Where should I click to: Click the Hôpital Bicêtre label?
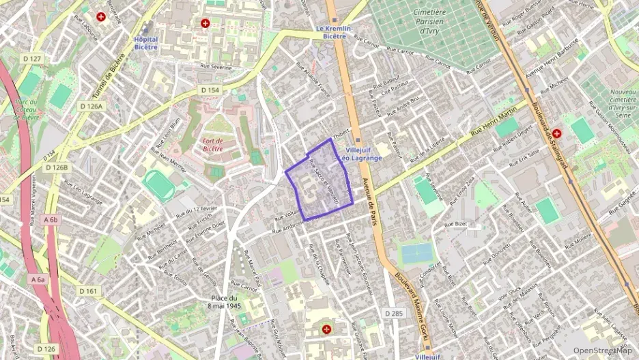pos(145,43)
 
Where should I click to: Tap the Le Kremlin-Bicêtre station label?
pos(334,32)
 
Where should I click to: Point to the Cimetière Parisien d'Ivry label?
pos(429,22)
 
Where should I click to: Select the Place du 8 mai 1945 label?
pos(224,302)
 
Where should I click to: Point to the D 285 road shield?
pos(393,313)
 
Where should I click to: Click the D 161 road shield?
pos(89,291)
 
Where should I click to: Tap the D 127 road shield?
pos(32,59)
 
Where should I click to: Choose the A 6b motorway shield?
pos(51,220)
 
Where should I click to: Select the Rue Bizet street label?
pos(456,223)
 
